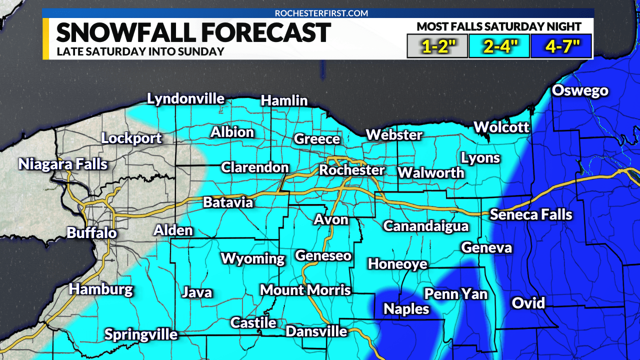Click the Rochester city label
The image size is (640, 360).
pyautogui.click(x=352, y=170)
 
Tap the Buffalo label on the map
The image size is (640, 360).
pyautogui.click(x=91, y=232)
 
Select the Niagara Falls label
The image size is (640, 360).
pyautogui.click(x=63, y=164)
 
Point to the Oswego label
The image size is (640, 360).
pyautogui.click(x=580, y=90)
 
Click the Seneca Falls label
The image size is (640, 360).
pyautogui.click(x=530, y=214)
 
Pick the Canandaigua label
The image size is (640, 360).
pyautogui.click(x=426, y=226)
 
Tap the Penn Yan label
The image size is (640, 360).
pyautogui.click(x=455, y=293)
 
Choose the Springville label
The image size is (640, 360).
pyautogui.click(x=141, y=334)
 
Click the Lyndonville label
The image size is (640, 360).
pyautogui.click(x=185, y=98)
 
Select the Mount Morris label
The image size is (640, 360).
pyautogui.click(x=305, y=290)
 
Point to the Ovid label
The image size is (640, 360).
pyautogui.click(x=528, y=303)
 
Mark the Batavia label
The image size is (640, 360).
pyautogui.click(x=228, y=202)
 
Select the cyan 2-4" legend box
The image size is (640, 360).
pyautogui.click(x=498, y=46)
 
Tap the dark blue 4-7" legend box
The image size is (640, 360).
pyautogui.click(x=560, y=46)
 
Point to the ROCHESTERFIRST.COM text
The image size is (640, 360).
pyautogui.click(x=321, y=13)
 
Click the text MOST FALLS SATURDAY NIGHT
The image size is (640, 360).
pyautogui.click(x=499, y=26)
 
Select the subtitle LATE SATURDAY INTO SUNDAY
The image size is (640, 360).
pyautogui.click(x=140, y=51)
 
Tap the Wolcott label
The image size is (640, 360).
pyautogui.click(x=501, y=127)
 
